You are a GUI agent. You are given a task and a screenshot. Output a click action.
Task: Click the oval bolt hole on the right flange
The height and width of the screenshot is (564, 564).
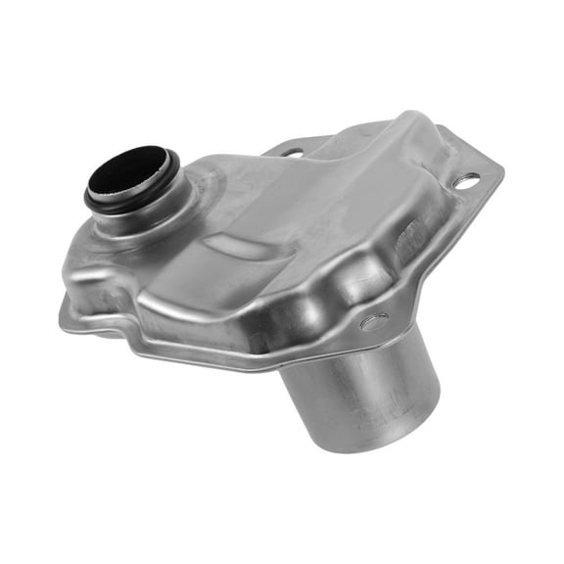(x=467, y=181)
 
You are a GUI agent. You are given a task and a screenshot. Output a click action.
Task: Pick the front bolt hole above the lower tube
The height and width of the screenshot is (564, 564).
(x=373, y=321)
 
